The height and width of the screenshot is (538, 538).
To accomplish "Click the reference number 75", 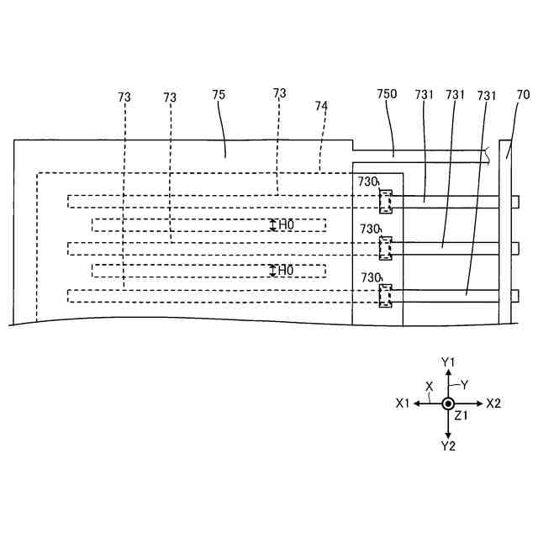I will click(219, 96).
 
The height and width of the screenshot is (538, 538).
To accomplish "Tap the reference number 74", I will click(321, 107).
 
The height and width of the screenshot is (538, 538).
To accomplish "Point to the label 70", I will click(523, 96).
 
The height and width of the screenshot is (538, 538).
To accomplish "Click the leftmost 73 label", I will click(124, 98).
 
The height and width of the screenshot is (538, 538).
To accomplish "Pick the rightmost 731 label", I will click(488, 96).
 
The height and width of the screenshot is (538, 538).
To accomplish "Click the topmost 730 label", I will click(369, 182).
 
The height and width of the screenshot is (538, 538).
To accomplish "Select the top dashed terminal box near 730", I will click(386, 201).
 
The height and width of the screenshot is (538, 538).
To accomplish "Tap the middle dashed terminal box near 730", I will click(386, 248).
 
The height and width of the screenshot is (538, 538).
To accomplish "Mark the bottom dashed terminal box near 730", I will click(386, 296).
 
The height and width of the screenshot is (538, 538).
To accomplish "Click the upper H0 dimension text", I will click(287, 224).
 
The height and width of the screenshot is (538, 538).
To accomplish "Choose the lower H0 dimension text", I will click(287, 271).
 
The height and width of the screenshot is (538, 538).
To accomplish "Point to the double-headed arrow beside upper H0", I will click(272, 224).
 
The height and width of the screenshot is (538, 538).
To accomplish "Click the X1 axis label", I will click(403, 403).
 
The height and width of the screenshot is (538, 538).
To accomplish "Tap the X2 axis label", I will click(493, 403).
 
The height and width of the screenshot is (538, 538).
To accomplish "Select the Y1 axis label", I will click(448, 361).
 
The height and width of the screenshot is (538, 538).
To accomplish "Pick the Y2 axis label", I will click(448, 446).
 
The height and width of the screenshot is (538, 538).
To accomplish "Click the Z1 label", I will click(461, 416).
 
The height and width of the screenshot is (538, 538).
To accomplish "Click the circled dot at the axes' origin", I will click(448, 403).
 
